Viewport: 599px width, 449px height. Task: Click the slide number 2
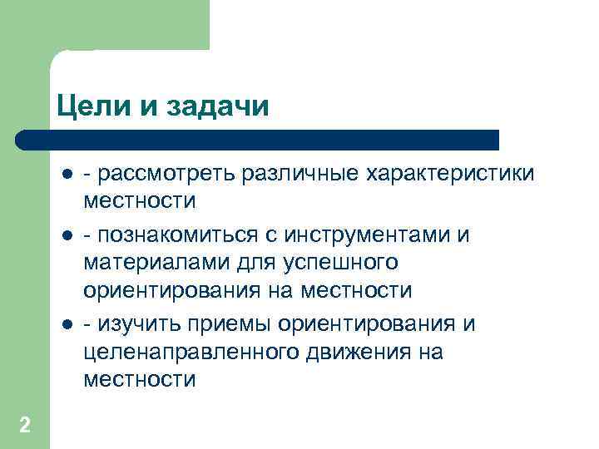[25, 426]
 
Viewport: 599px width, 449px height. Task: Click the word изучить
[138, 323]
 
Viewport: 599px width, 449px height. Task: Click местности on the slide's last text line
[139, 380]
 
